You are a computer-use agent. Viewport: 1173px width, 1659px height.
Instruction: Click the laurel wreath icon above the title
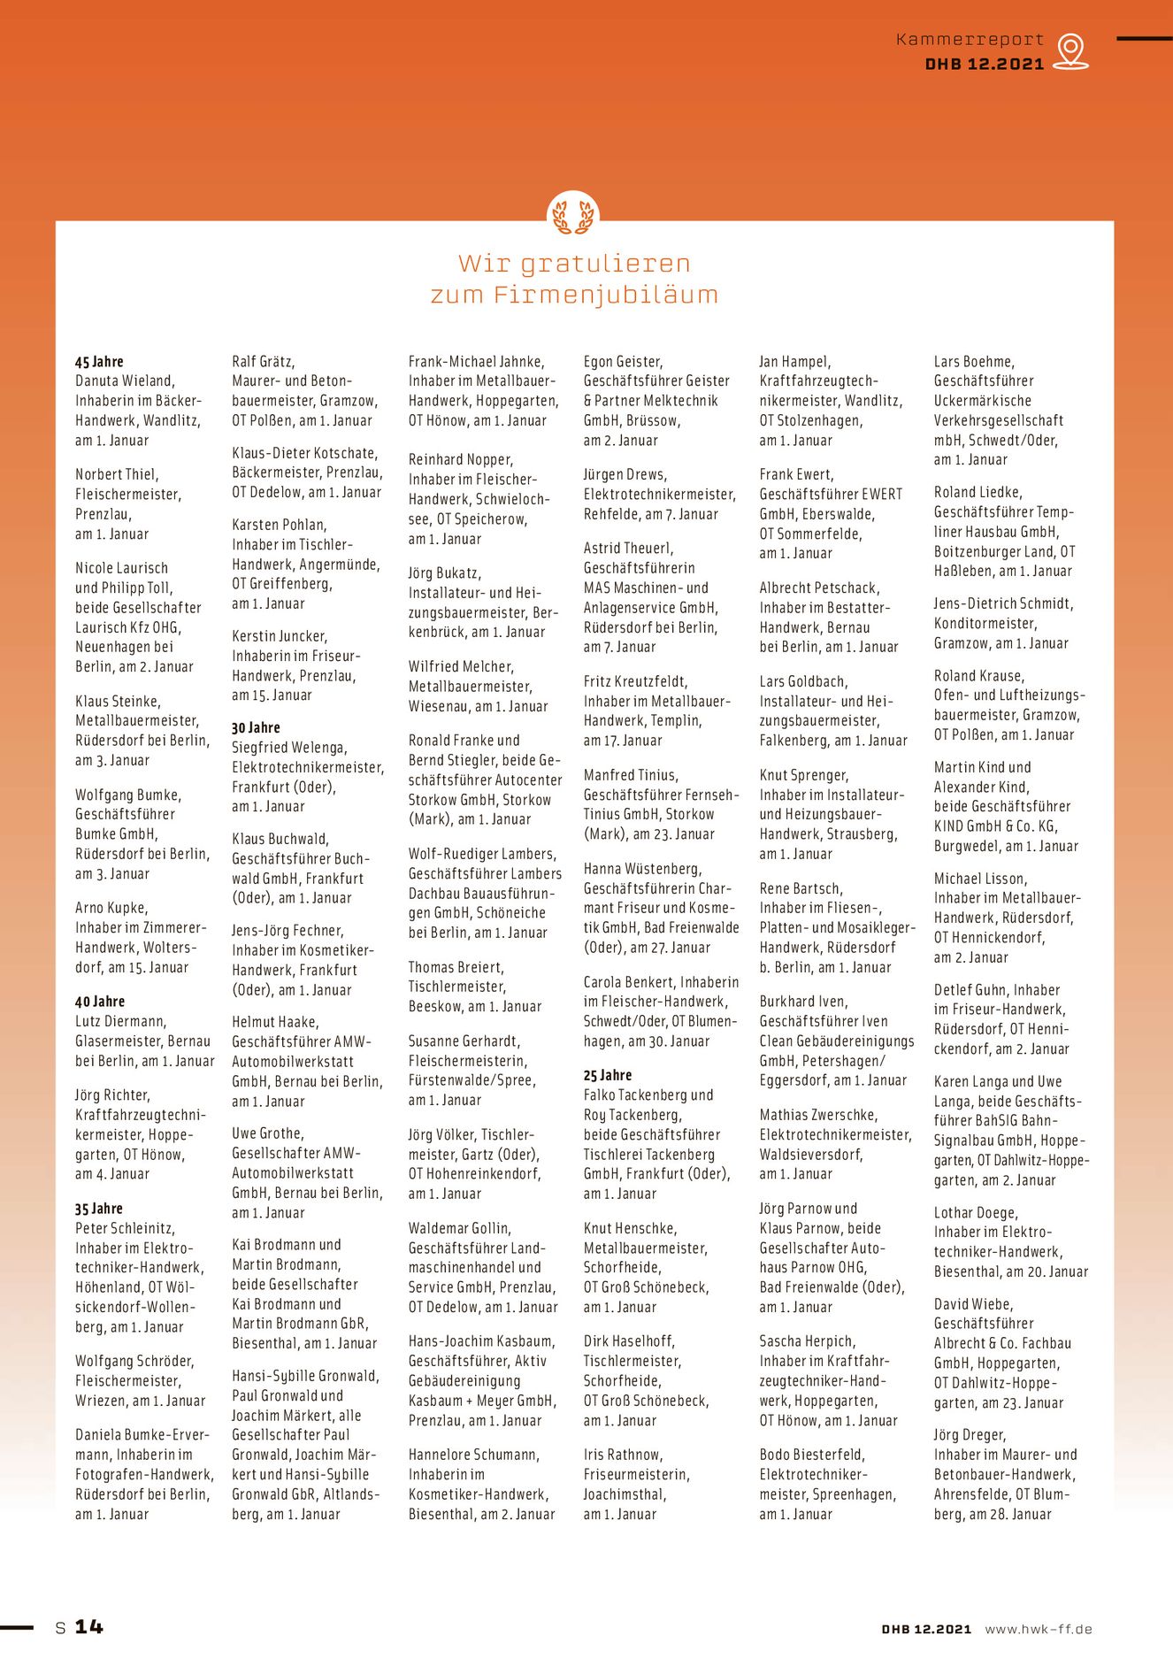tap(573, 215)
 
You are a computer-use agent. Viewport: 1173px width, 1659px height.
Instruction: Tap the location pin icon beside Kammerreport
tap(1070, 50)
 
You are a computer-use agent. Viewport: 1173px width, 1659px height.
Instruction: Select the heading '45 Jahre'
tap(99, 362)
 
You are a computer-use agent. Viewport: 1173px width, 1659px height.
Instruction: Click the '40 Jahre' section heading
tap(100, 1002)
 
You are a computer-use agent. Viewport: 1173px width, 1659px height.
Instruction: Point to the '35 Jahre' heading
tap(99, 1209)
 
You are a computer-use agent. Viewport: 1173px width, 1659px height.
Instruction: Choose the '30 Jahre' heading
tap(256, 728)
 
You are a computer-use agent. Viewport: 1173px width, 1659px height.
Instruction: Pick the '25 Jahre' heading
tap(608, 1076)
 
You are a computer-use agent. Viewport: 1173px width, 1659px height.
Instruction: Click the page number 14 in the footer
tap(88, 1627)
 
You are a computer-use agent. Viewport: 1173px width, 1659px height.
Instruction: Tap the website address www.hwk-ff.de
tap(1038, 1629)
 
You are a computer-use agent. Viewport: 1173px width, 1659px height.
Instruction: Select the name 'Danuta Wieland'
tap(125, 381)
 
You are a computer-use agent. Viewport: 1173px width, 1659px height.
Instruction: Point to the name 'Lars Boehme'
tap(974, 362)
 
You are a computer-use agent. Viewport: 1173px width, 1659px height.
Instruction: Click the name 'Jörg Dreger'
tap(970, 1435)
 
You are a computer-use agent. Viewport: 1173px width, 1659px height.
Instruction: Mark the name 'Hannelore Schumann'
tap(472, 1455)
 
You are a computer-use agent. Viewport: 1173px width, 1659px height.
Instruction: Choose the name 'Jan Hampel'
tap(794, 362)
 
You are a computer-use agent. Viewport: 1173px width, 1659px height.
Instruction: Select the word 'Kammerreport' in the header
tap(970, 40)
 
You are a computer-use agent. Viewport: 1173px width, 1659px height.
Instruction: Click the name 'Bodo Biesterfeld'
tap(812, 1455)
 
